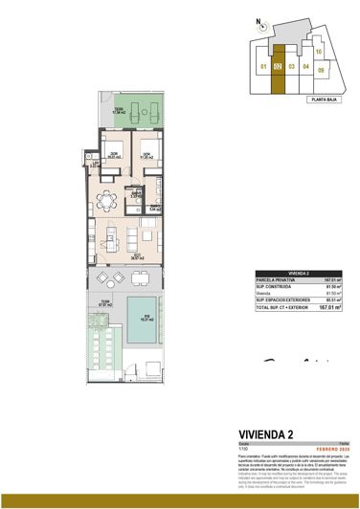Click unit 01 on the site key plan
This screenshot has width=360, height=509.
[262, 67]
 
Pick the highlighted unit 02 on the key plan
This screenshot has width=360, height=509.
[277, 67]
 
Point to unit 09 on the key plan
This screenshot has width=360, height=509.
[322, 69]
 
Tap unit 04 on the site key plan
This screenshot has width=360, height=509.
[306, 67]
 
